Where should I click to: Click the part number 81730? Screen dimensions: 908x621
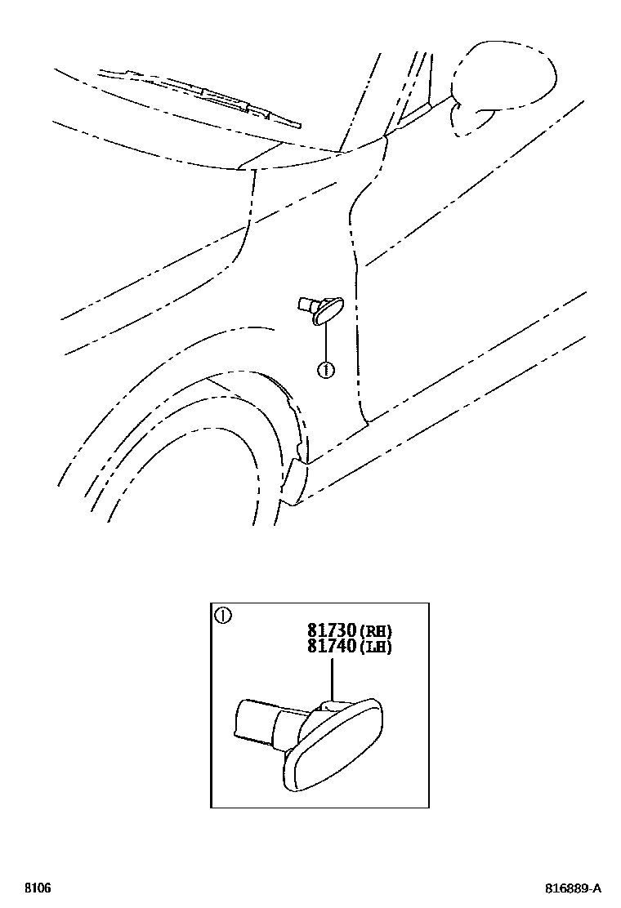pos(331,631)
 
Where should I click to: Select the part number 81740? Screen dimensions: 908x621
pos(331,647)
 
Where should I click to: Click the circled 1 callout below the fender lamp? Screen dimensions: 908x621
pos(325,370)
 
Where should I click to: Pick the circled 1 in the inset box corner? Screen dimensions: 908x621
pos(221,615)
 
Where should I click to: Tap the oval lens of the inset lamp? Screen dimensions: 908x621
pos(335,743)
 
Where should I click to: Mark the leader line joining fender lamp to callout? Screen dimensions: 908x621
pos(325,343)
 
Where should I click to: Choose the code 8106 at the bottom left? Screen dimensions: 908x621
pos(37,888)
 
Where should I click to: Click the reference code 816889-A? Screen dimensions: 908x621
pos(574,888)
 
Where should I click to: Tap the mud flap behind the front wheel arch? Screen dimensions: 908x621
pos(293,482)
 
